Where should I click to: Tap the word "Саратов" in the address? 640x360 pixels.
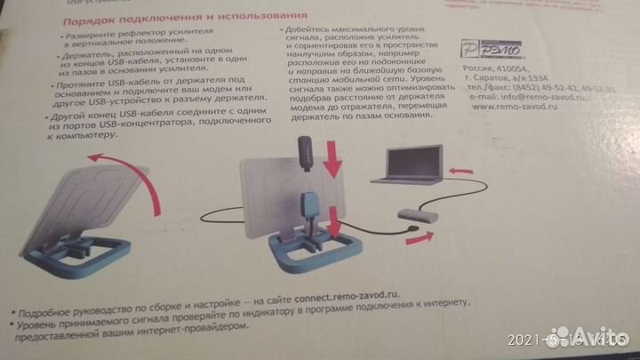click(495, 79)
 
